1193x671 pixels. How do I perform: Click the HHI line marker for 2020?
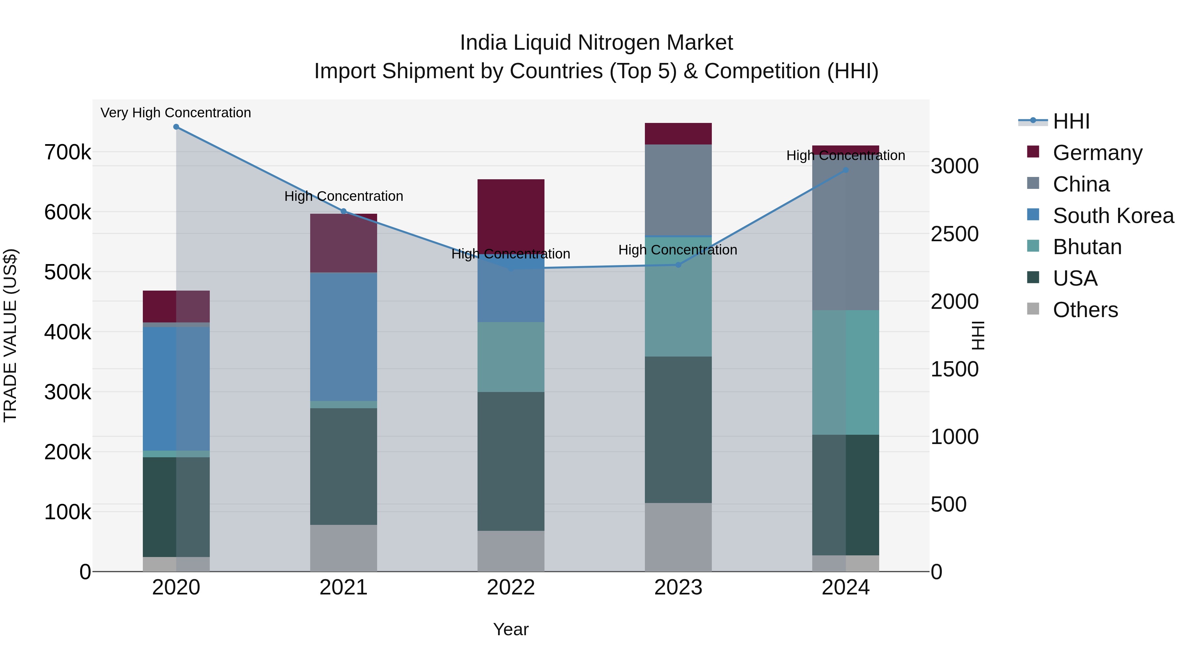176,127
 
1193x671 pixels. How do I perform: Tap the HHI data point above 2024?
846,170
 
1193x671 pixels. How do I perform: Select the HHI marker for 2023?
678,265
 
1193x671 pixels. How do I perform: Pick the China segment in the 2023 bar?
678,190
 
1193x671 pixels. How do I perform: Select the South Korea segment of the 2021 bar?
343,337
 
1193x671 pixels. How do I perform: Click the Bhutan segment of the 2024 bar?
846,372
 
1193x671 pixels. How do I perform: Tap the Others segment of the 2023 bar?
678,537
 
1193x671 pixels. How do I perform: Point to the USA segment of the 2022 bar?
511,461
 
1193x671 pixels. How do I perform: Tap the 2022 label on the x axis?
511,587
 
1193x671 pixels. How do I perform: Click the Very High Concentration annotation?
176,113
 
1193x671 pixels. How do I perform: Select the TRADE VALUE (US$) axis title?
10,335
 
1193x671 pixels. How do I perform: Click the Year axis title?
511,629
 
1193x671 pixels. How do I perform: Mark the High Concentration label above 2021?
344,196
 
